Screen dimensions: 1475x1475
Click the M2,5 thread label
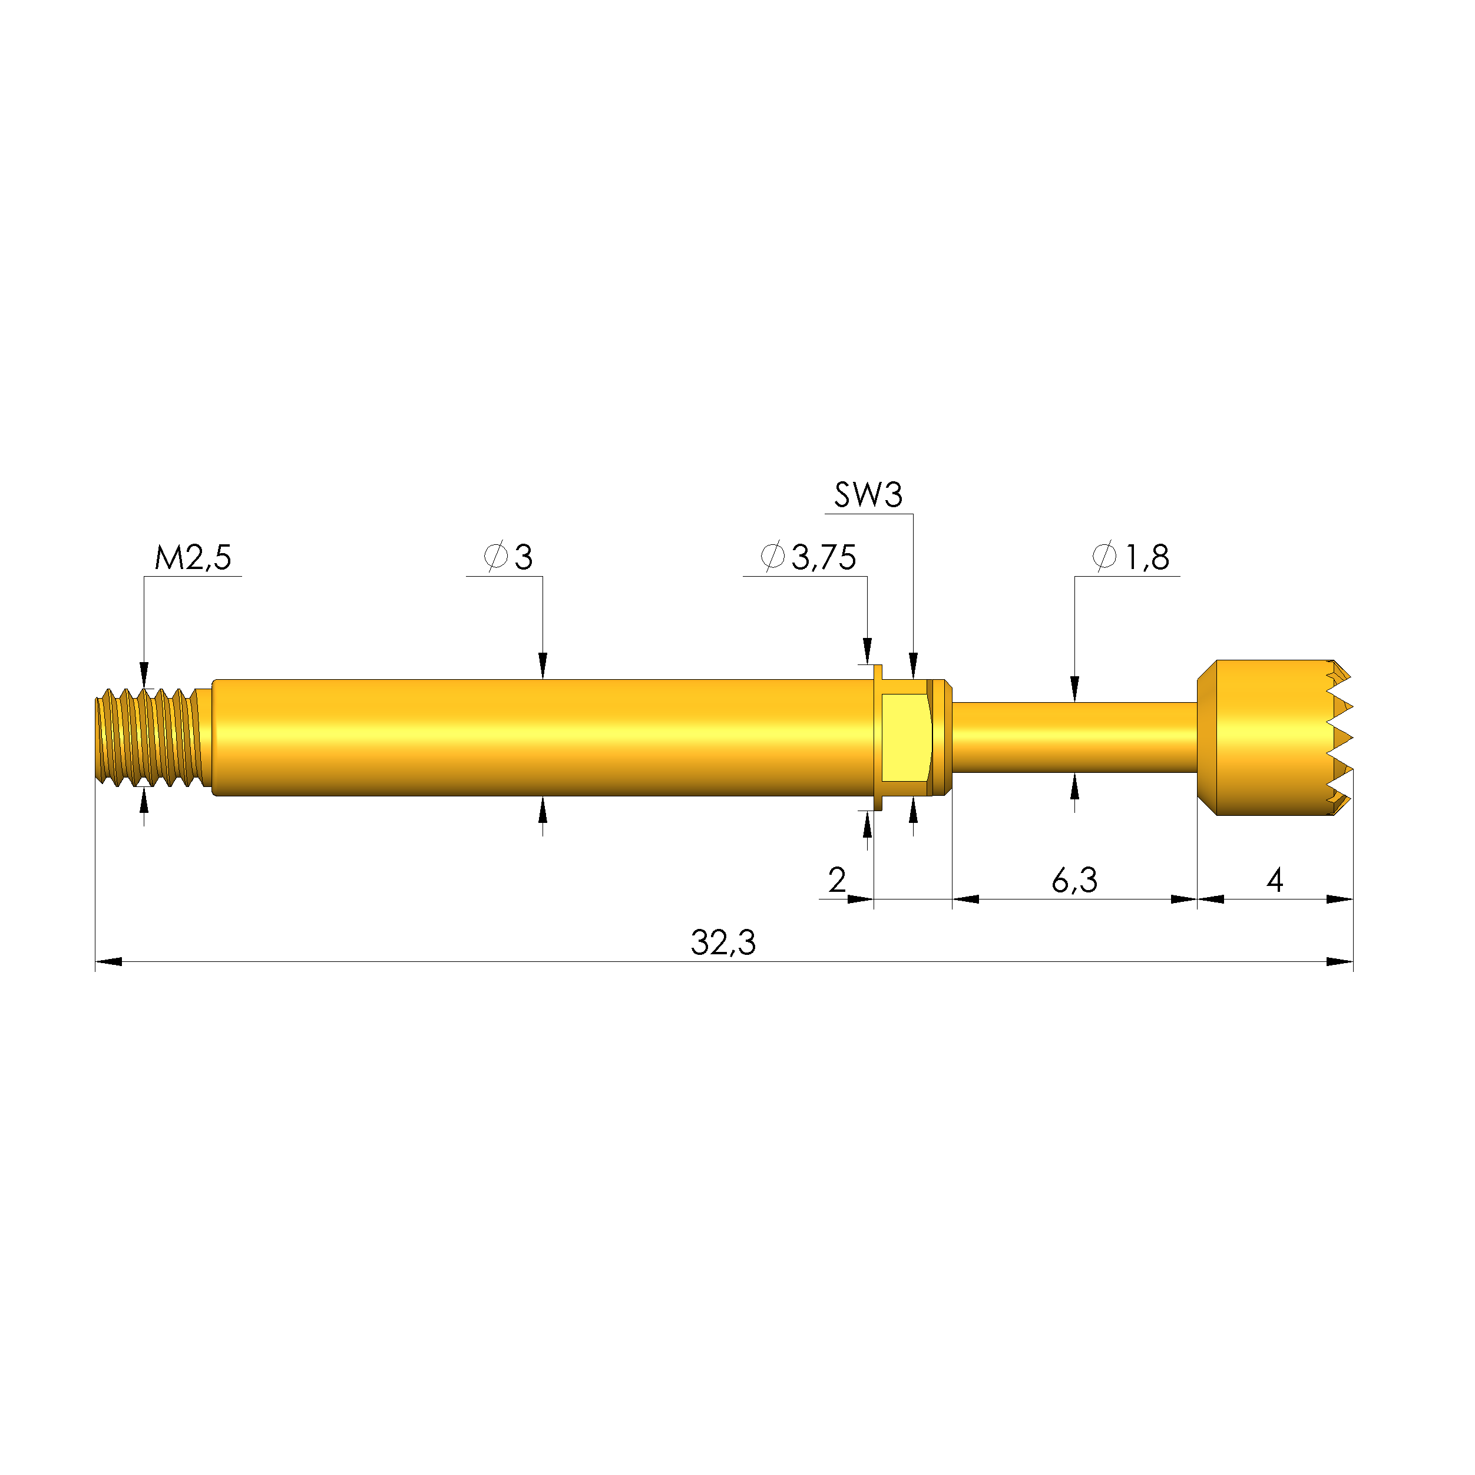193,557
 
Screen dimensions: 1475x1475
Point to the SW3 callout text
868,495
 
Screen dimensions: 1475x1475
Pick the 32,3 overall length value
723,943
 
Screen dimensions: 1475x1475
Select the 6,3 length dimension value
1074,881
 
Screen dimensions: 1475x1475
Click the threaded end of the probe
153,737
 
